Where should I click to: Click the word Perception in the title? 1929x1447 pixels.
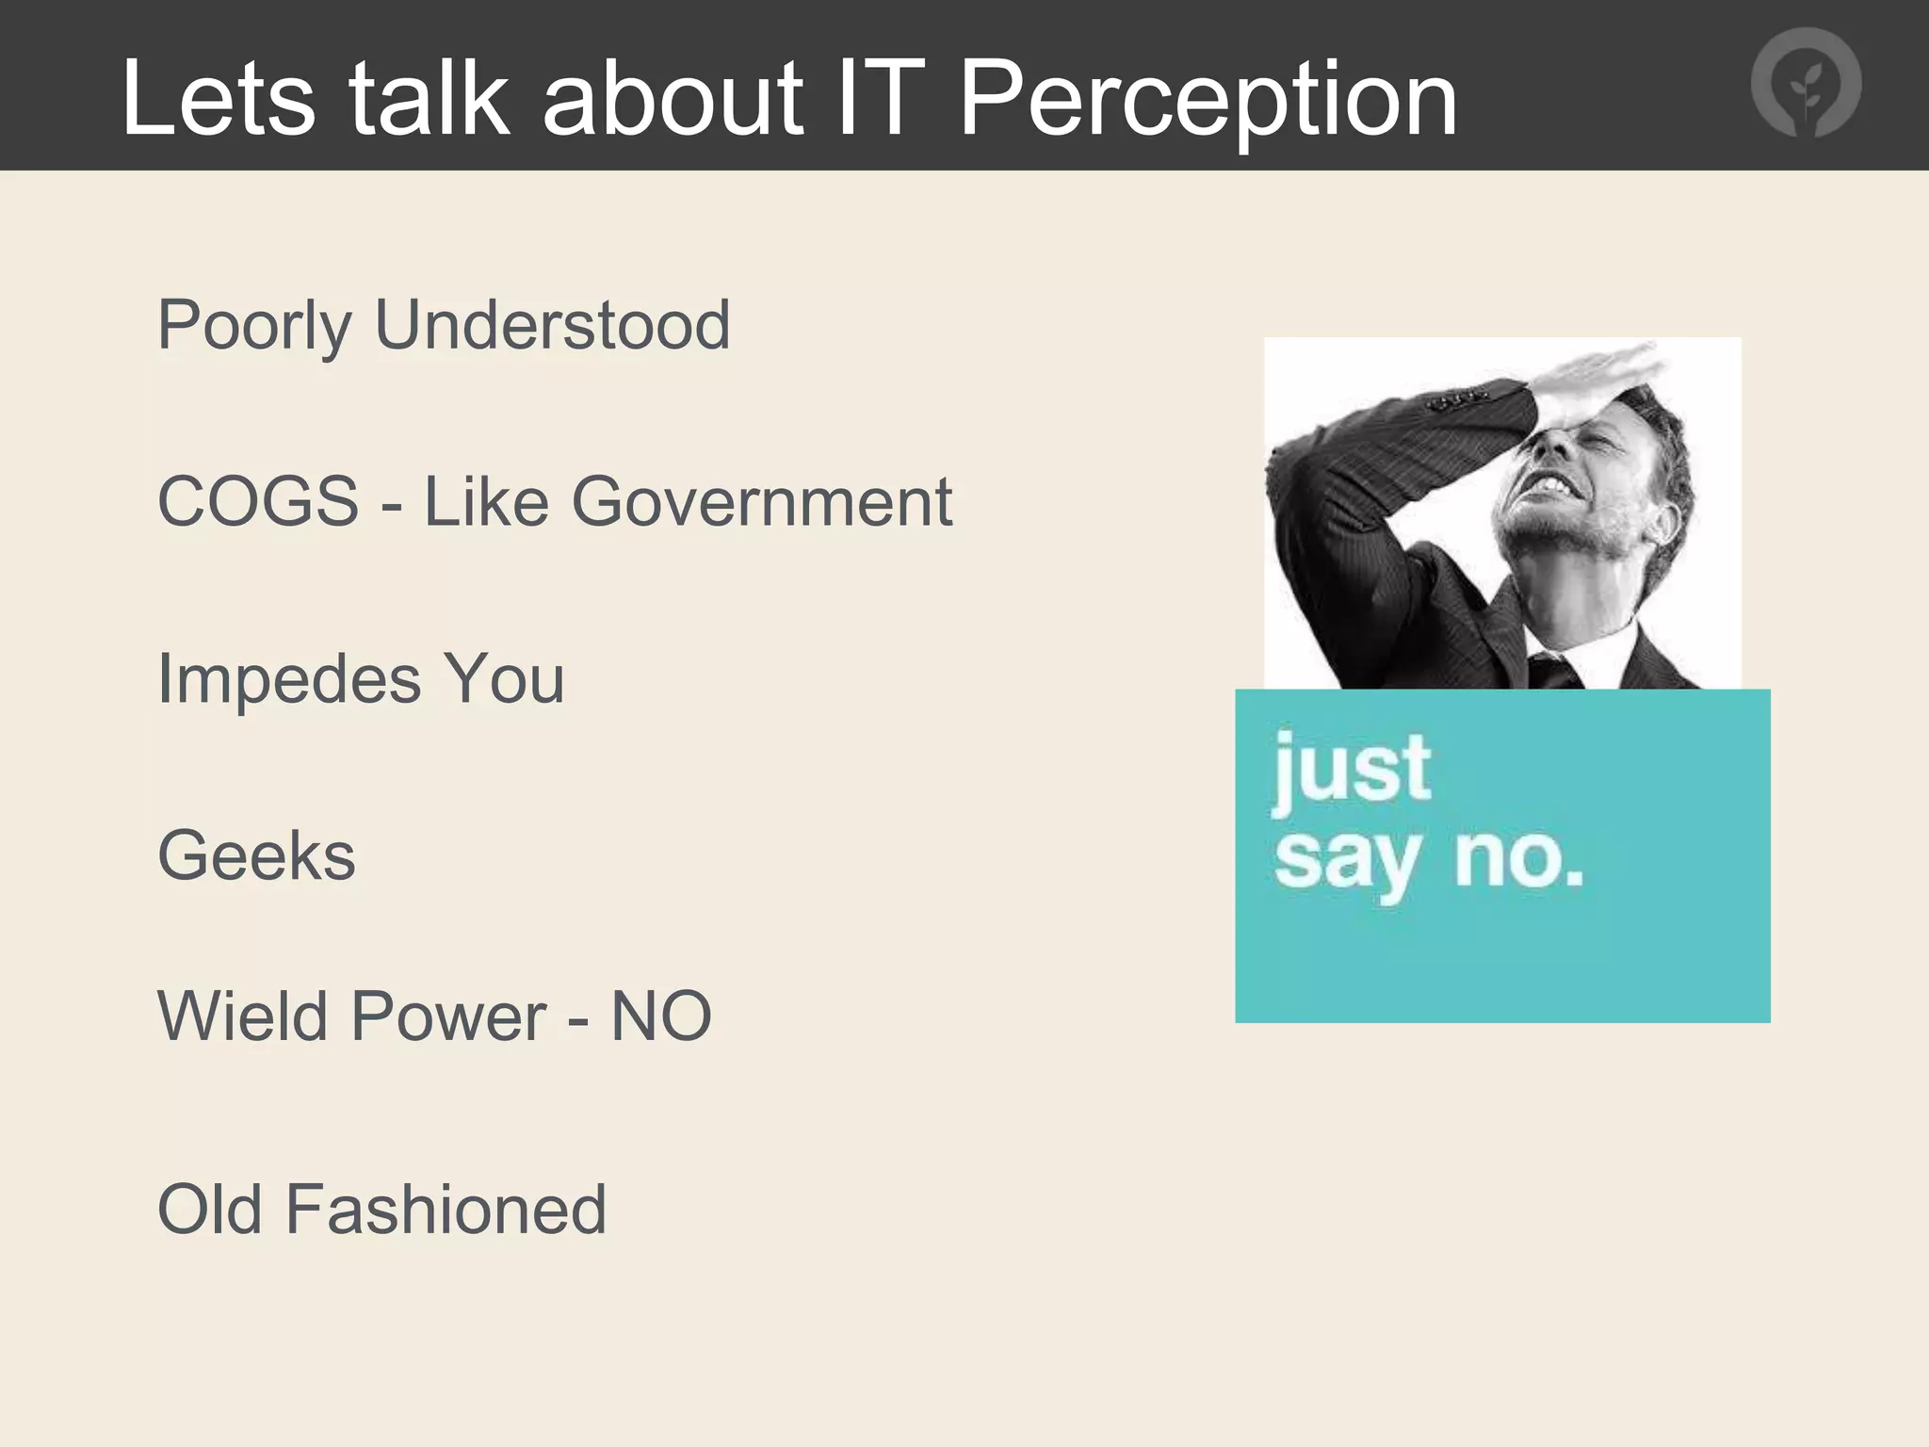tap(1208, 99)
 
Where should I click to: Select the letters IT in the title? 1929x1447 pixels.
tap(880, 99)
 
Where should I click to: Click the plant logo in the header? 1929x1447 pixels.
tap(1806, 83)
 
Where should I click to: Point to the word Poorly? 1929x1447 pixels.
tap(254, 326)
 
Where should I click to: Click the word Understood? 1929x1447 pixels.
tap(552, 324)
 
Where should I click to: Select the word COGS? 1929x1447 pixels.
tap(258, 501)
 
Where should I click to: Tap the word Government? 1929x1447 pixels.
tap(762, 501)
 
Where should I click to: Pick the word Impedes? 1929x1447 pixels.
tap(289, 678)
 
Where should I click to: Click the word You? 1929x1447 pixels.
tap(504, 678)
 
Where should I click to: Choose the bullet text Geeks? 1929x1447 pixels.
tap(256, 855)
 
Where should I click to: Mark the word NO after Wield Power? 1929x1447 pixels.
tap(661, 1016)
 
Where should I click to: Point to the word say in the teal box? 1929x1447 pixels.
tap(1346, 861)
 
